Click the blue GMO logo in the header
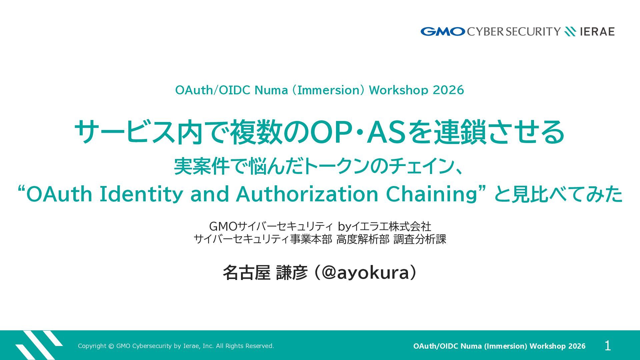coord(443,32)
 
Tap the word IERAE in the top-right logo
coord(597,32)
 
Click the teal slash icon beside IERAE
coord(570,32)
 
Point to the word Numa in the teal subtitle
coord(271,90)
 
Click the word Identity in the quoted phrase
coord(141,194)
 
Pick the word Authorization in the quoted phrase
coord(307,194)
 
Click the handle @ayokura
coord(365,273)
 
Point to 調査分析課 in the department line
coord(420,239)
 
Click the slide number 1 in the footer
coord(608,346)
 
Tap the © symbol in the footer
coord(111,346)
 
